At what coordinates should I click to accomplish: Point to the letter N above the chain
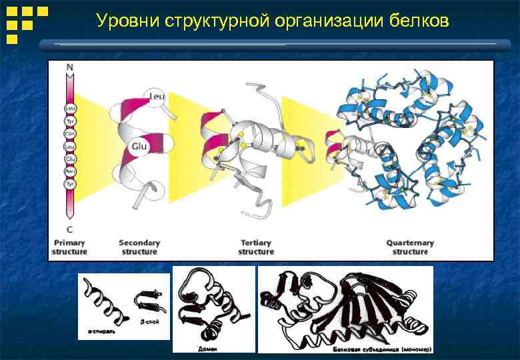tap(69, 68)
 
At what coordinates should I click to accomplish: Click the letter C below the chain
tap(69, 230)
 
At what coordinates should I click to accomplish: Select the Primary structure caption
tap(69, 247)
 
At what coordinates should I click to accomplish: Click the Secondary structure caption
tap(139, 247)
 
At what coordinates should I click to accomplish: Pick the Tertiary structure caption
tap(256, 247)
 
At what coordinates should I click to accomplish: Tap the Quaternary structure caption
tap(410, 247)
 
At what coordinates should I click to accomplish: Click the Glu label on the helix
tap(139, 145)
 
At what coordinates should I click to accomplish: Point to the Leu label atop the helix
tap(157, 96)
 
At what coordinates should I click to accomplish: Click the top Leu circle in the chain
tap(69, 108)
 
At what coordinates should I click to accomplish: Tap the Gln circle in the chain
tap(69, 133)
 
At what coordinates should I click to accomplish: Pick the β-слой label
tap(150, 321)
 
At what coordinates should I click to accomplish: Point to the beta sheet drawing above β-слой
tap(147, 301)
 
